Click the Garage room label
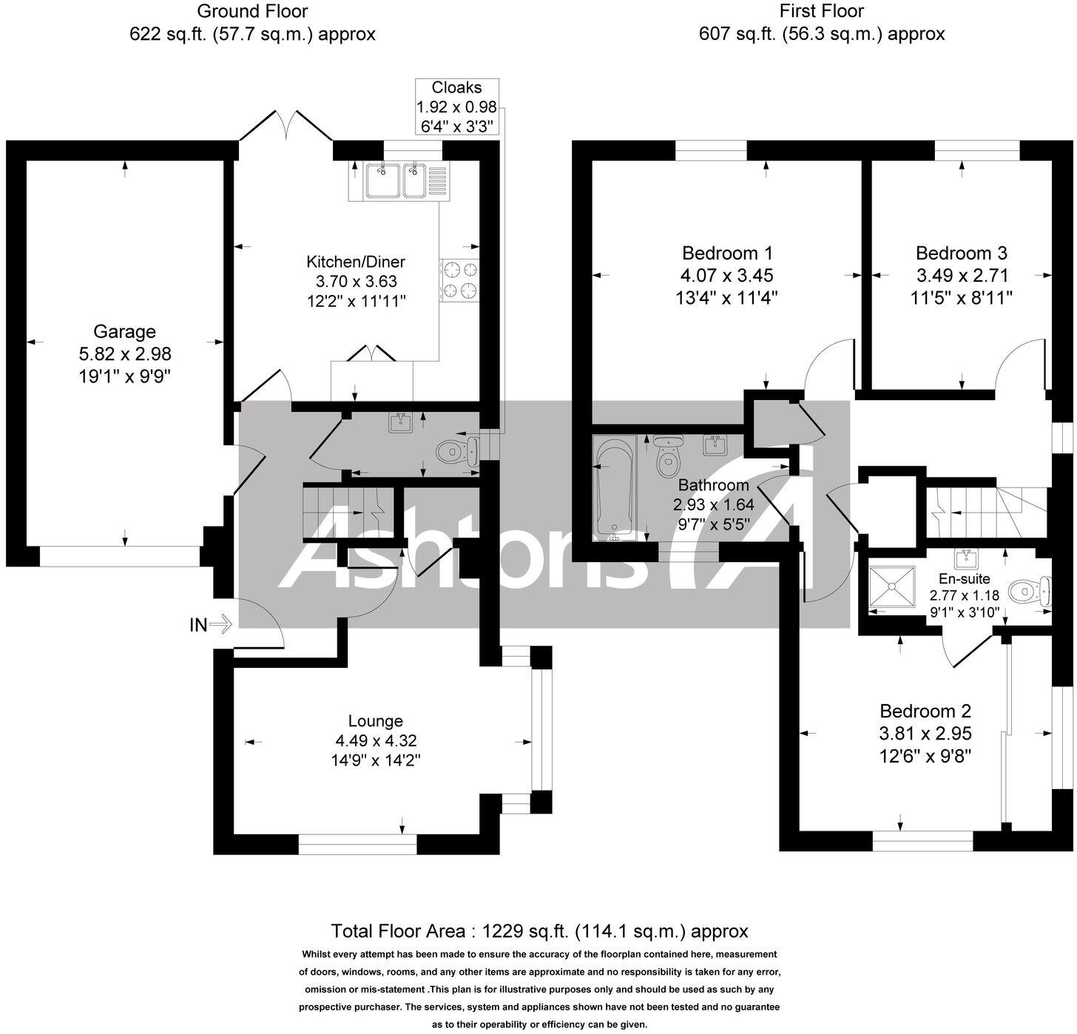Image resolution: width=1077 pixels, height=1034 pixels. click(124, 332)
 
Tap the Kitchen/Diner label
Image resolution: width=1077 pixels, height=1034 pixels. click(356, 262)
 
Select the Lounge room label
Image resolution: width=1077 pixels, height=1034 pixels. click(376, 721)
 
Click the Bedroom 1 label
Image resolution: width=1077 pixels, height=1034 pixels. click(727, 253)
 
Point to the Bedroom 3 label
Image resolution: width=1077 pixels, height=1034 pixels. click(962, 253)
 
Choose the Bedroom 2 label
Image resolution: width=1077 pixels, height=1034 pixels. click(925, 712)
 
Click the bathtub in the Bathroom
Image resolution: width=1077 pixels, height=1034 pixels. click(614, 488)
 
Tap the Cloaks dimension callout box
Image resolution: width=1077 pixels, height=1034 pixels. click(457, 107)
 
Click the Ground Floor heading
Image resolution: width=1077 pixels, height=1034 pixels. click(252, 11)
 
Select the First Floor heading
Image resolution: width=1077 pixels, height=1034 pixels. click(821, 11)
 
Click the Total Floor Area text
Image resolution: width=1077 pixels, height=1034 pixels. click(539, 930)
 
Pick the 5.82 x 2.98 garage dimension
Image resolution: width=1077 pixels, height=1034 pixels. click(124, 354)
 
